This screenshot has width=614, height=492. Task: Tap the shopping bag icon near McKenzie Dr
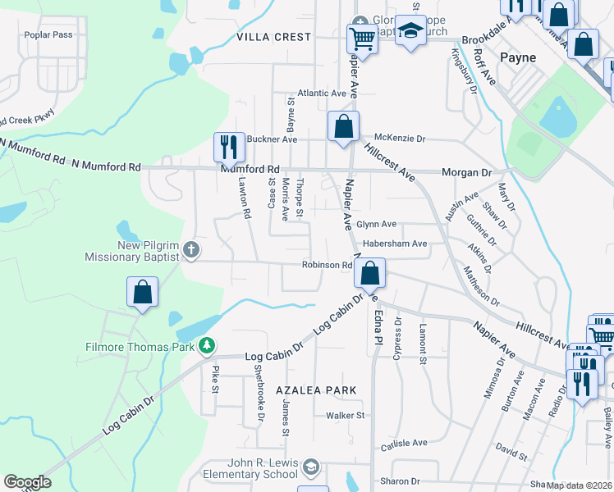pyautogui.click(x=343, y=127)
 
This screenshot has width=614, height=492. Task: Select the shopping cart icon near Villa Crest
pyautogui.click(x=361, y=39)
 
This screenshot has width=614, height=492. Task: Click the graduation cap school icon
pyautogui.click(x=410, y=32)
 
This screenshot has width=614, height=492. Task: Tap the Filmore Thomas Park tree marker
pyautogui.click(x=208, y=346)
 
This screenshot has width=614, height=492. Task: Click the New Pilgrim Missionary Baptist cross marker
pyautogui.click(x=190, y=249)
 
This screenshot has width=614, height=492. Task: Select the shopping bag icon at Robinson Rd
pyautogui.click(x=371, y=274)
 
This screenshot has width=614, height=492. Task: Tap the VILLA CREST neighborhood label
pyautogui.click(x=273, y=37)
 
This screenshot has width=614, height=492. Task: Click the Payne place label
pyautogui.click(x=518, y=57)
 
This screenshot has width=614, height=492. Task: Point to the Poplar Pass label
pyautogui.click(x=48, y=35)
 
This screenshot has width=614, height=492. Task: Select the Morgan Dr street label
pyautogui.click(x=465, y=173)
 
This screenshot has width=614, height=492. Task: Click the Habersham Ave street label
pyautogui.click(x=398, y=244)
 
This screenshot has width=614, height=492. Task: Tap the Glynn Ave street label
pyautogui.click(x=376, y=224)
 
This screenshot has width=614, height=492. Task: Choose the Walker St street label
pyautogui.click(x=345, y=416)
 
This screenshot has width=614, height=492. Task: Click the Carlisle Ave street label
pyautogui.click(x=403, y=443)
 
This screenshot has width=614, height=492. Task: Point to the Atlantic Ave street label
pyautogui.click(x=322, y=93)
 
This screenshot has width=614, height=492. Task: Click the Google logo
pyautogui.click(x=27, y=482)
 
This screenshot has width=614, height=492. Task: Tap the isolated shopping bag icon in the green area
pyautogui.click(x=142, y=292)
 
